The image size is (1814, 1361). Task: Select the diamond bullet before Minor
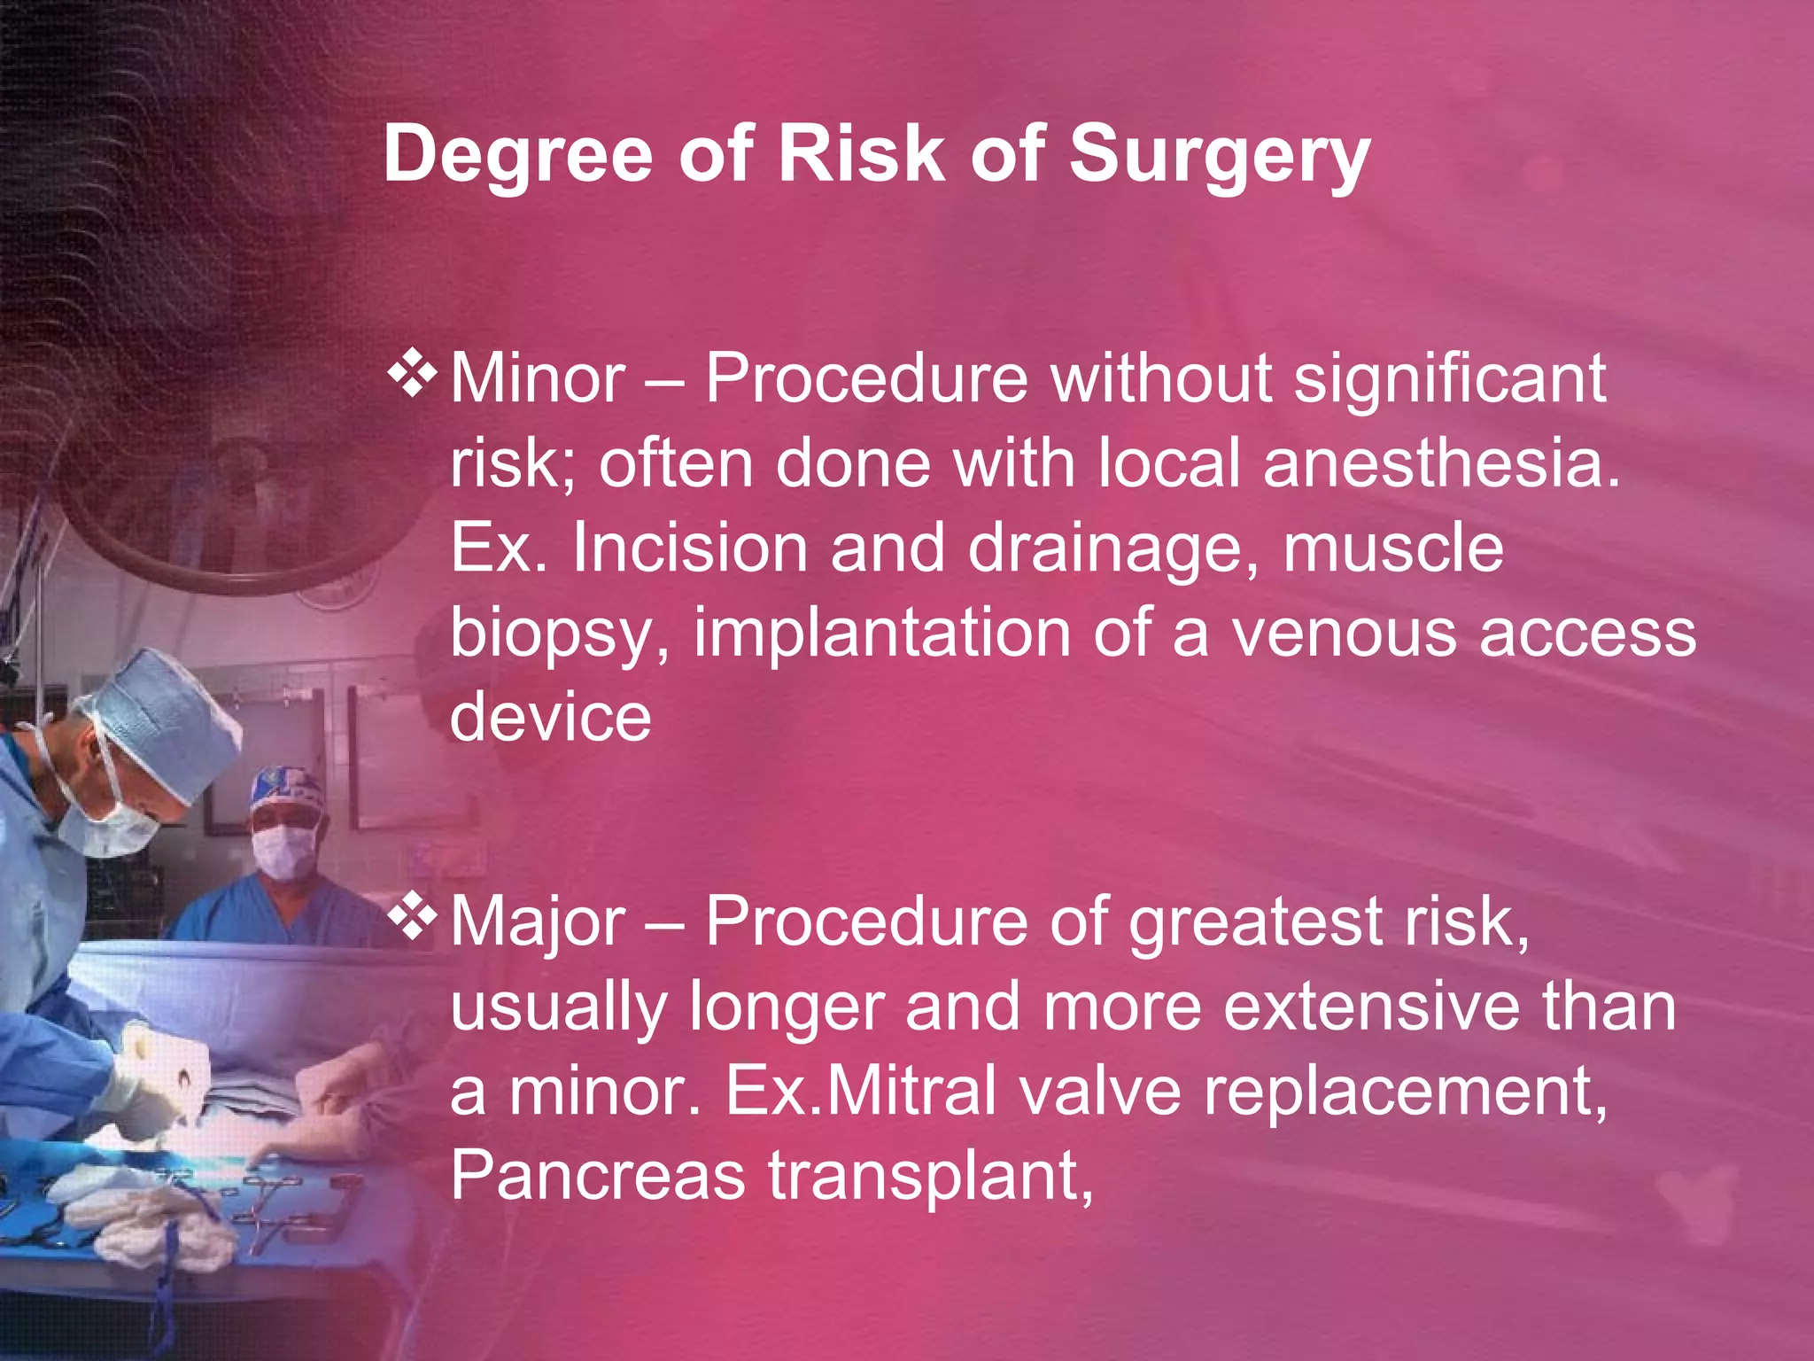tap(413, 374)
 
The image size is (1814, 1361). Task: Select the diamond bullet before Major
tap(413, 918)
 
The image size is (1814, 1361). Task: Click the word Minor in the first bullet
tap(538, 379)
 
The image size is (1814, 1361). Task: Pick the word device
tap(550, 717)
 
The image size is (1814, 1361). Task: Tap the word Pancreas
tap(598, 1176)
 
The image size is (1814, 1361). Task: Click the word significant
tap(1450, 379)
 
